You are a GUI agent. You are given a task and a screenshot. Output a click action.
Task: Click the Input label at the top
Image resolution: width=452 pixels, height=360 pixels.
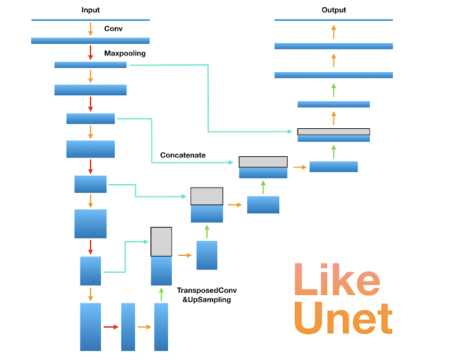pos(90,10)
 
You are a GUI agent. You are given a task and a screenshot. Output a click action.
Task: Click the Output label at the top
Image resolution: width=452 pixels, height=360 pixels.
pos(333,10)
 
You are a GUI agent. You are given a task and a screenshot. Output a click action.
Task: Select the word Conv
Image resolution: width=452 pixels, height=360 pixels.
pos(113,29)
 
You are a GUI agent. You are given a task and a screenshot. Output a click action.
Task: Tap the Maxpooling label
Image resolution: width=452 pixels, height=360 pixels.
pos(124,54)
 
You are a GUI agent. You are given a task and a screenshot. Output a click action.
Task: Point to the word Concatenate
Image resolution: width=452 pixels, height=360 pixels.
pos(183,155)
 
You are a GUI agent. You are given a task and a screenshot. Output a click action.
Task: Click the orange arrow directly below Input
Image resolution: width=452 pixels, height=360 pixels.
pos(90,29)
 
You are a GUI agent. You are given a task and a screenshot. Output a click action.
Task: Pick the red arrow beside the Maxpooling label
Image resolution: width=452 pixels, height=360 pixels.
pos(90,53)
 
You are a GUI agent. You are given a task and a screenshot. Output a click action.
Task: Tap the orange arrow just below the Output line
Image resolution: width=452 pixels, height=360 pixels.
pos(333,31)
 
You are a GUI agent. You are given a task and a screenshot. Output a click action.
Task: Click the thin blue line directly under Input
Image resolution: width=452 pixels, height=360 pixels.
pos(90,20)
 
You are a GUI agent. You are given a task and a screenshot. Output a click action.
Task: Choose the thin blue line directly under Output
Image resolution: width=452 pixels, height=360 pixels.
pos(333,20)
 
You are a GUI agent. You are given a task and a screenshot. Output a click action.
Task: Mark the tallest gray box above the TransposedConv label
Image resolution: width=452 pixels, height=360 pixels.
pos(161,242)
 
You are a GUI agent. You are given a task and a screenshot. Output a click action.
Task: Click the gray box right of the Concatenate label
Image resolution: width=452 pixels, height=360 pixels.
pos(263,162)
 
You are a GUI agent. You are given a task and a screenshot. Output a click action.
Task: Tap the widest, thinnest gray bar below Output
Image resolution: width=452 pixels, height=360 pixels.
pos(333,132)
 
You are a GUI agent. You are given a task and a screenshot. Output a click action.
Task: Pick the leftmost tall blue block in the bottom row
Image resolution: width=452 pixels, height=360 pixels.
pos(90,327)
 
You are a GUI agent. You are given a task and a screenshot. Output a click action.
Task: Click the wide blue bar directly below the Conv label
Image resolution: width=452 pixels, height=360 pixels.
pos(90,40)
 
